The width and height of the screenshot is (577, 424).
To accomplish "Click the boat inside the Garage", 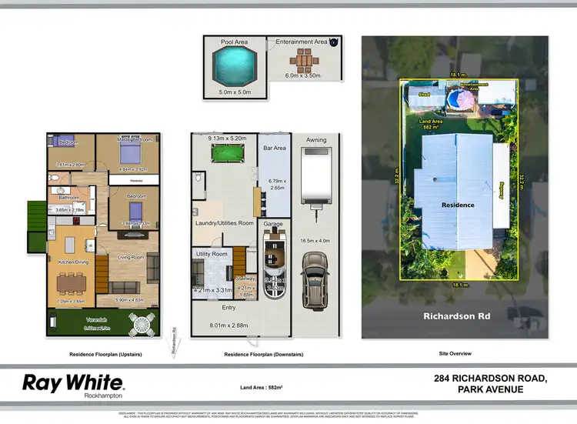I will click(x=273, y=265).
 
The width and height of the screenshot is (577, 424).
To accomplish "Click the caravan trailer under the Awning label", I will click(x=314, y=177).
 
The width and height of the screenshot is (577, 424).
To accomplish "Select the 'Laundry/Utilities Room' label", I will click(x=224, y=223).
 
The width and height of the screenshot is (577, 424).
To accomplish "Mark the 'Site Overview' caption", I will click(x=455, y=353).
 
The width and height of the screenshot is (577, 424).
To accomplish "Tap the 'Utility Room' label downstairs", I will click(x=212, y=253).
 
